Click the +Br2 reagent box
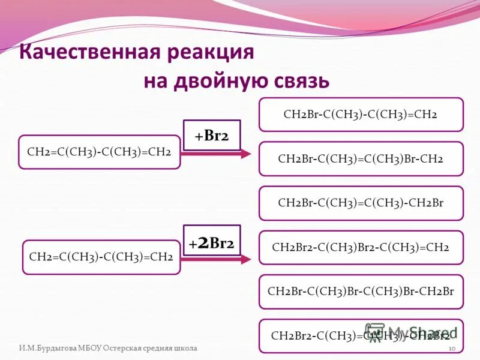[211, 135]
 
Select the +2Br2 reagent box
[211, 243]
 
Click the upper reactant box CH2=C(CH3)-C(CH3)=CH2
[100, 152]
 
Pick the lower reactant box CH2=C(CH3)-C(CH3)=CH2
[101, 257]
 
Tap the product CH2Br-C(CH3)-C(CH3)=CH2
[361, 114]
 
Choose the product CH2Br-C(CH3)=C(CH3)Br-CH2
[361, 158]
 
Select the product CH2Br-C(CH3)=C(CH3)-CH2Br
[361, 203]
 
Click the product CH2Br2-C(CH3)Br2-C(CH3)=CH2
[361, 247]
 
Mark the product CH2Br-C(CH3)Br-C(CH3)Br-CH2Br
[361, 292]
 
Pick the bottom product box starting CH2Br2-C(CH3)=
[361, 335]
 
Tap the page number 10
[453, 349]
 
